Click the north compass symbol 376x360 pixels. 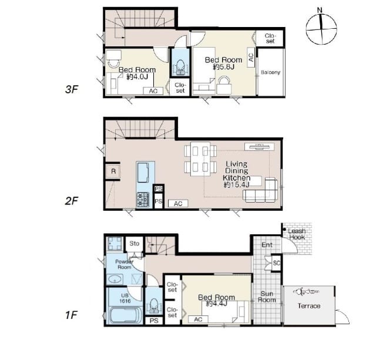(x=321, y=28)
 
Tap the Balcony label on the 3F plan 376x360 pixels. (x=270, y=72)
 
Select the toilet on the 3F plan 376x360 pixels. (x=180, y=67)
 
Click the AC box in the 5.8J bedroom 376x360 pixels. (x=251, y=58)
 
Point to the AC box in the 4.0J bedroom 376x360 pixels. (x=153, y=91)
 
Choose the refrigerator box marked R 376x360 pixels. (x=113, y=171)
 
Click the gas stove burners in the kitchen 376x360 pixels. (x=143, y=200)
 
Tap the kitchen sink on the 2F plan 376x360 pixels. (x=143, y=173)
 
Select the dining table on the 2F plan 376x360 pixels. (x=200, y=159)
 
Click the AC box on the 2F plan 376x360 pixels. (x=178, y=203)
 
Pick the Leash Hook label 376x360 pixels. (x=297, y=234)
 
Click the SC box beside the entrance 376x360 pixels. (x=277, y=263)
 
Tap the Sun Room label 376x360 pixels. (x=267, y=297)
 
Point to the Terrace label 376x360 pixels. (x=309, y=306)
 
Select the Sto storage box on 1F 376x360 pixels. (x=135, y=244)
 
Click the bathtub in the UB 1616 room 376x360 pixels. (x=124, y=314)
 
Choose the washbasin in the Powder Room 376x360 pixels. (x=116, y=279)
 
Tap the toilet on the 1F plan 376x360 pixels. (x=154, y=306)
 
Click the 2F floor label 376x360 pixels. (x=72, y=201)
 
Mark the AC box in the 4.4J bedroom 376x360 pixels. (x=198, y=319)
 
